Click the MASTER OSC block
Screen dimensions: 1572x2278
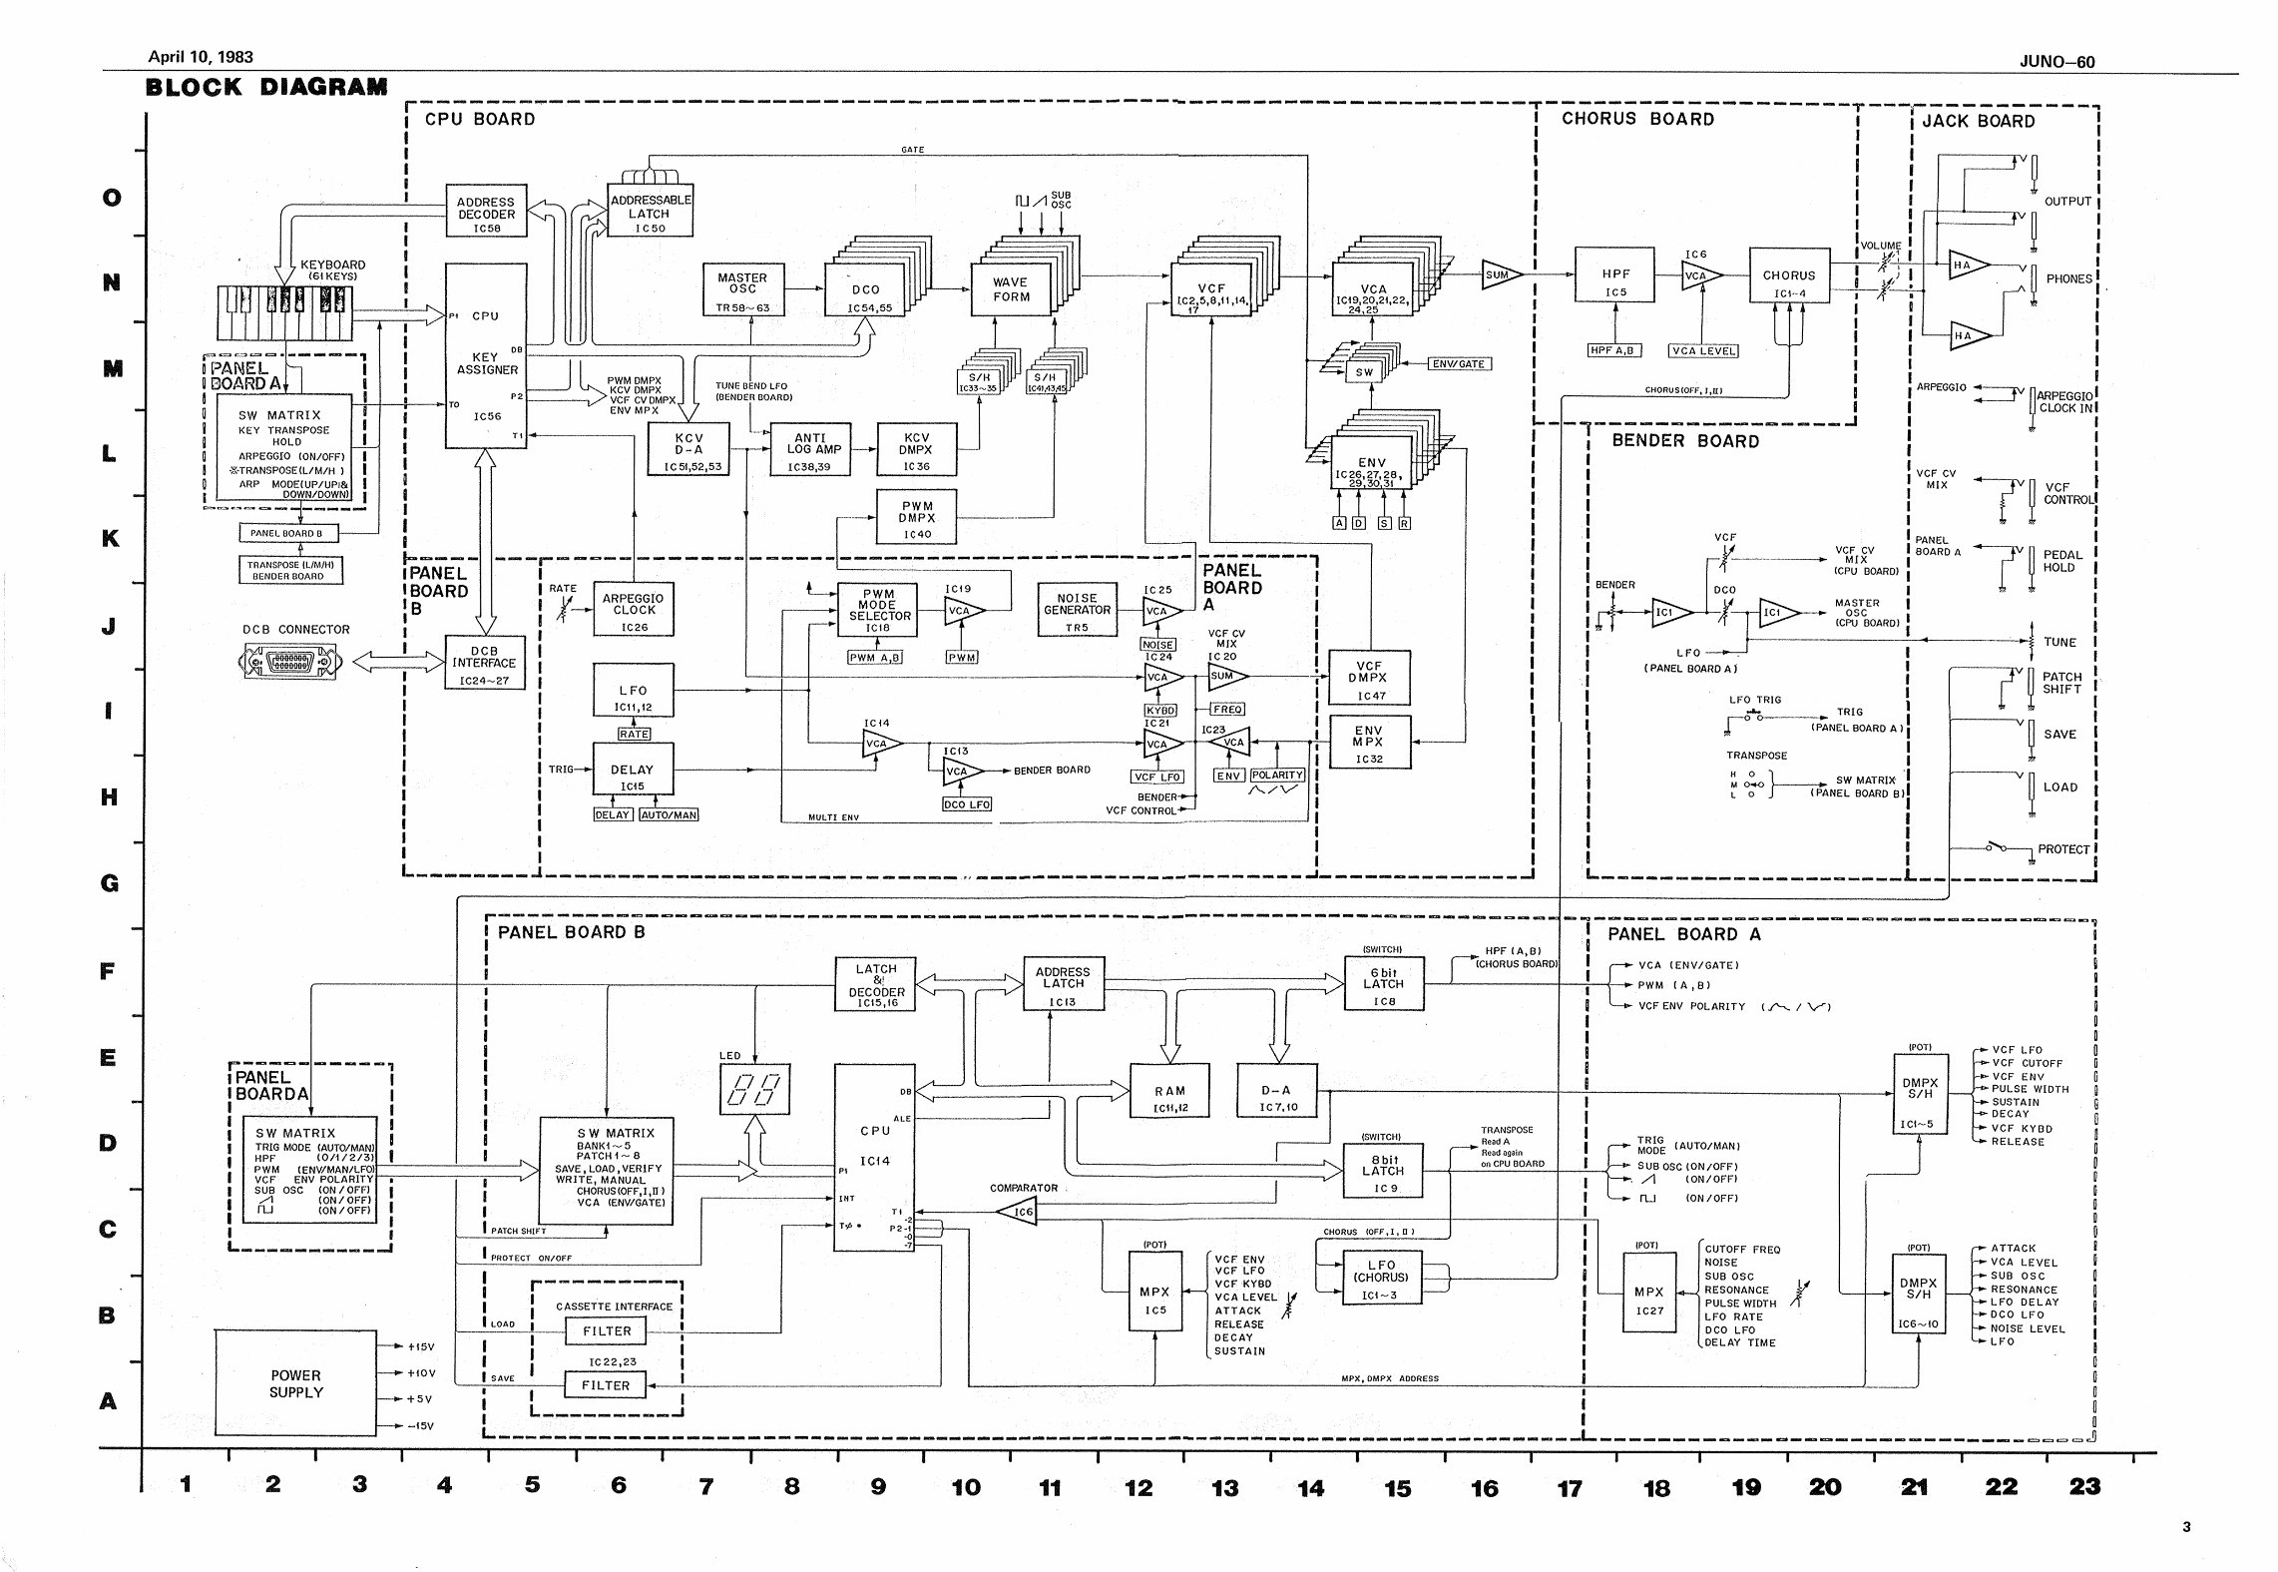click(x=742, y=289)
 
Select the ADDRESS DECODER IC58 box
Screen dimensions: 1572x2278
click(x=486, y=214)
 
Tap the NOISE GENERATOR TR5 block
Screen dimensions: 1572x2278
click(x=1077, y=610)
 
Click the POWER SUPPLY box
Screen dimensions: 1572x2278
click(x=296, y=1383)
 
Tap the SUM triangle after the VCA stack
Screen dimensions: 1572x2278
click(x=1500, y=275)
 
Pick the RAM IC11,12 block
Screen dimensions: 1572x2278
click(x=1168, y=1098)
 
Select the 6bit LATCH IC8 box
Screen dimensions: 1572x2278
click(x=1383, y=983)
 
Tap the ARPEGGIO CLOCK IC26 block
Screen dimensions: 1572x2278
click(x=634, y=610)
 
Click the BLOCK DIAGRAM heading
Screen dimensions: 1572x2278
click(x=266, y=87)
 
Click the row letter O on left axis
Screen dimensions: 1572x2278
click(x=113, y=198)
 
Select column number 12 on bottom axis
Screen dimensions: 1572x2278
click(x=1138, y=1488)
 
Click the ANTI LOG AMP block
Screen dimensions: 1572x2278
click(x=809, y=449)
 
